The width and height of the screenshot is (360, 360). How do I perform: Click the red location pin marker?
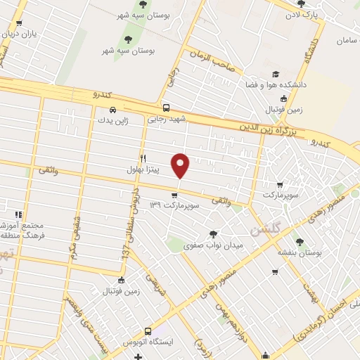pos(181,165)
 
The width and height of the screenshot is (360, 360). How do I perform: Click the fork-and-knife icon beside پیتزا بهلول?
pos(143,159)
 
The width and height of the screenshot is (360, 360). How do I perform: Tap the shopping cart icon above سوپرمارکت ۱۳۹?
pos(174,195)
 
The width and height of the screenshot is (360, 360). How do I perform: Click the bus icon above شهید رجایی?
pos(166,108)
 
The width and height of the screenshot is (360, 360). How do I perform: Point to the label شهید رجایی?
pos(166,120)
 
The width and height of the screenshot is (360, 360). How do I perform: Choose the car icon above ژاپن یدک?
pos(113,110)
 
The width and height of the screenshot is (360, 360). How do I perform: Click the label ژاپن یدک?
pos(112,120)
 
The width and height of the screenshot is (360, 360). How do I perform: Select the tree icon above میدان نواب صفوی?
pos(213,234)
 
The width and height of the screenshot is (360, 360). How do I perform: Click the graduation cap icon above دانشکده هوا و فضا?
pos(275,75)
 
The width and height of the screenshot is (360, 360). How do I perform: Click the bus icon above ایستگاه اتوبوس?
pos(148,330)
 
